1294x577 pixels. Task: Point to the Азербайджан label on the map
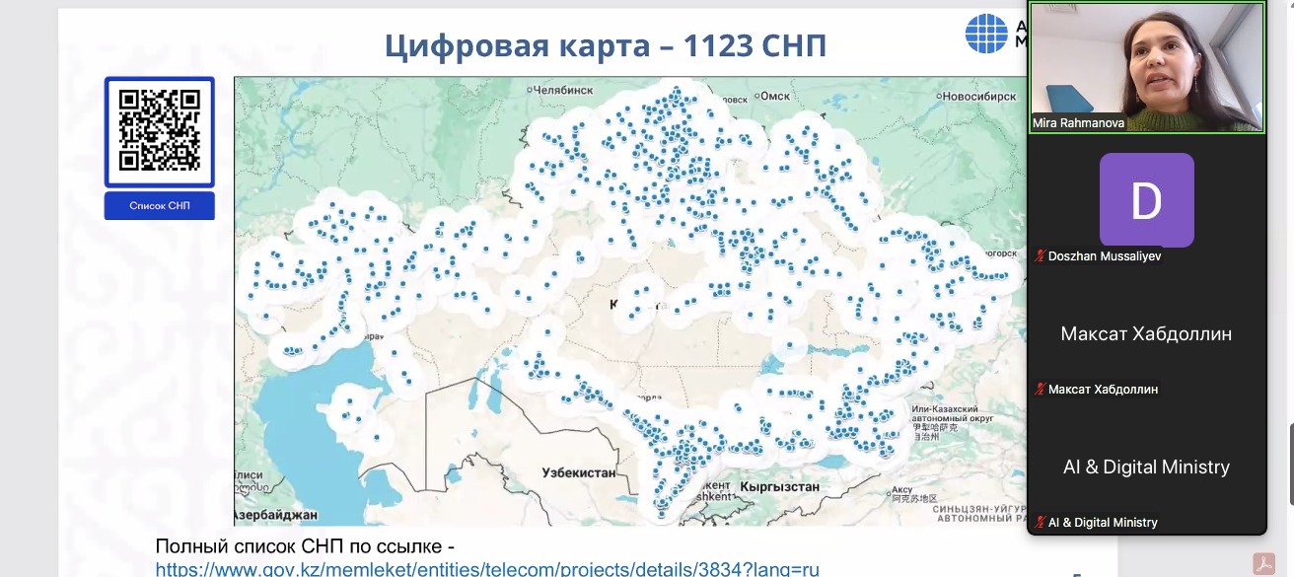click(x=277, y=515)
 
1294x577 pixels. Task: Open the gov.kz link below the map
click(x=487, y=568)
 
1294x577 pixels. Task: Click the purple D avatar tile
click(x=1146, y=200)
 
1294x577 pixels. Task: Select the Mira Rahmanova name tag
click(x=1077, y=122)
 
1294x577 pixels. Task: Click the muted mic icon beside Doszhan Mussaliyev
click(x=1040, y=256)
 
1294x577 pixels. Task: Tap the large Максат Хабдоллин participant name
click(x=1146, y=333)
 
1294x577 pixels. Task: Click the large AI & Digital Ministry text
click(x=1146, y=467)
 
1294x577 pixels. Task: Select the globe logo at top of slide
click(x=985, y=33)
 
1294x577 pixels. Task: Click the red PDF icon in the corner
click(x=1263, y=563)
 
